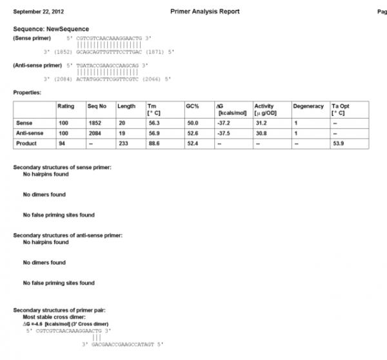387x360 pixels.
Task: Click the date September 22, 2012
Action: [38, 12]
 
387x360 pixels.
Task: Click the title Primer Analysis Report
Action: [205, 12]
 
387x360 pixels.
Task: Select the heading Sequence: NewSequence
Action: [51, 29]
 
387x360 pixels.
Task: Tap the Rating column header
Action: [66, 106]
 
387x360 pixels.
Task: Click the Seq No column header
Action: [96, 106]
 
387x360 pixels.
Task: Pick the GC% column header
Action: [192, 106]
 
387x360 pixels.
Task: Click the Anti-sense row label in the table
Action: [30, 132]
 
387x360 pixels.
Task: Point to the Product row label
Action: [26, 143]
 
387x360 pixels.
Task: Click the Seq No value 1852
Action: [94, 121]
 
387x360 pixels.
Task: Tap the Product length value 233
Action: [123, 143]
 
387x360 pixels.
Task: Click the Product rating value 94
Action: [61, 143]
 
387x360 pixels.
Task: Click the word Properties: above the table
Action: [28, 93]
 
